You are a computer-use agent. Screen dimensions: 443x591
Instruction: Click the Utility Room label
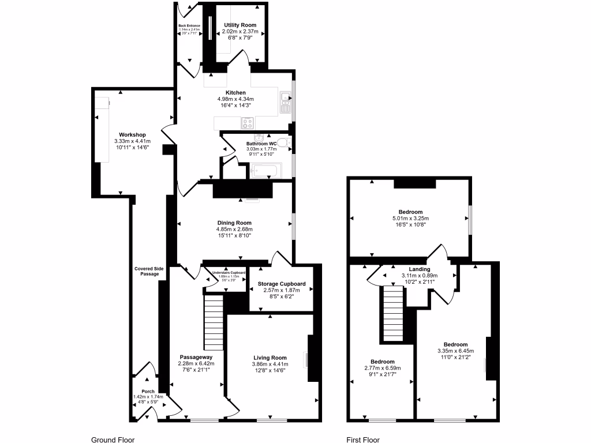240,25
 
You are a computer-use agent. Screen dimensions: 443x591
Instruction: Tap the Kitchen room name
235,92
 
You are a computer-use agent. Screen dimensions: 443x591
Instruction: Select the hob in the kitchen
248,122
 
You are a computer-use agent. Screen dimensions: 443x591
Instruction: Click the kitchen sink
285,102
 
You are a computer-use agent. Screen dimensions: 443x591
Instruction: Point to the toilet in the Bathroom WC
283,142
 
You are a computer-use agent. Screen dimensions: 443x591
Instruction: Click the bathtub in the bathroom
266,171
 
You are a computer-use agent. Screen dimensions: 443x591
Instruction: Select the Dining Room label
234,223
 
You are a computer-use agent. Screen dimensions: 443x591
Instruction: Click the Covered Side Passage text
147,271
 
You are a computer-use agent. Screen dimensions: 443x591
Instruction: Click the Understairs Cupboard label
229,272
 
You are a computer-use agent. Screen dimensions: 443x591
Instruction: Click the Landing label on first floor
420,269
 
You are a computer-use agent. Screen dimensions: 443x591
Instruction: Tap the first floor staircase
392,314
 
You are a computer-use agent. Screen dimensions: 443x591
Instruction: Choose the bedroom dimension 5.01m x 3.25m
410,219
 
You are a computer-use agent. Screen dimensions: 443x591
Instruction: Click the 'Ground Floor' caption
113,440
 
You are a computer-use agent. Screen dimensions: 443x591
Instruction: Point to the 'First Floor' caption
363,440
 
